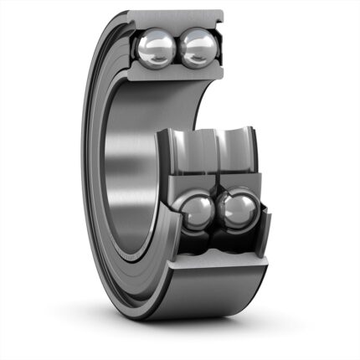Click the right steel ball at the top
pos(198,48)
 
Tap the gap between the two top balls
pos(177,47)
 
